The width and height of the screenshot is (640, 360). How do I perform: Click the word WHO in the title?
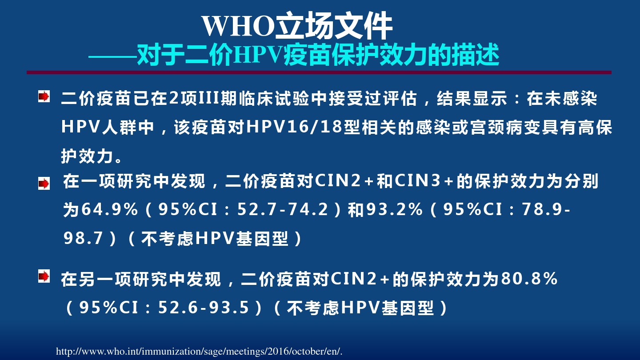point(238,26)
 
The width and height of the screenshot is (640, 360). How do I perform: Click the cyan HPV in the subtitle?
point(258,55)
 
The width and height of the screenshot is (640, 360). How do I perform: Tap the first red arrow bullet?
point(44,96)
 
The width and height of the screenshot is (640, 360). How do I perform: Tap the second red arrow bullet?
point(44,184)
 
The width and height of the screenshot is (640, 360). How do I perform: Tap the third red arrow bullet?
point(44,276)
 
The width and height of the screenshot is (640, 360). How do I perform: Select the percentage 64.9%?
point(110,209)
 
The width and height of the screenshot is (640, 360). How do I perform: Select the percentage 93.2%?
point(395,209)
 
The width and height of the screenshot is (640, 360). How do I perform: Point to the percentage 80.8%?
point(529,278)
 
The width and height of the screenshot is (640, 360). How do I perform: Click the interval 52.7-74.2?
point(283,209)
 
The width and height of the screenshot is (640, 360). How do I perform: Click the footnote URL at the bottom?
point(199,351)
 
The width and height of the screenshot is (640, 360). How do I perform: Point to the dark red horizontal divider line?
point(319,72)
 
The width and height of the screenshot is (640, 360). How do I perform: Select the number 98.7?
point(83,238)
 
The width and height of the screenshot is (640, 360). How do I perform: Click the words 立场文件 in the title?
point(333,26)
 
